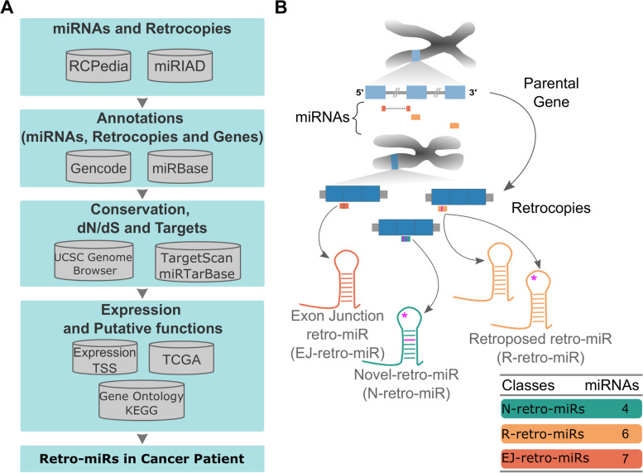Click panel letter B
pyautogui.click(x=280, y=9)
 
